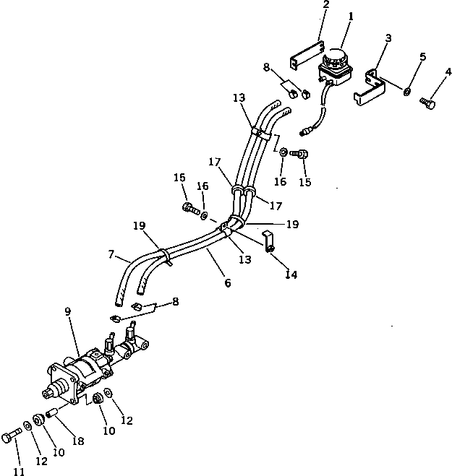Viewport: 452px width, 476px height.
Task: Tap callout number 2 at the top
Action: (325, 6)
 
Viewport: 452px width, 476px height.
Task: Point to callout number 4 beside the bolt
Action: (448, 72)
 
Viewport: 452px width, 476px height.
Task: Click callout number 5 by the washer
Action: (423, 56)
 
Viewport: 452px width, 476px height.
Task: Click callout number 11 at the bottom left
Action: (20, 471)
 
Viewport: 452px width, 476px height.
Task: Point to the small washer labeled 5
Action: (409, 90)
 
